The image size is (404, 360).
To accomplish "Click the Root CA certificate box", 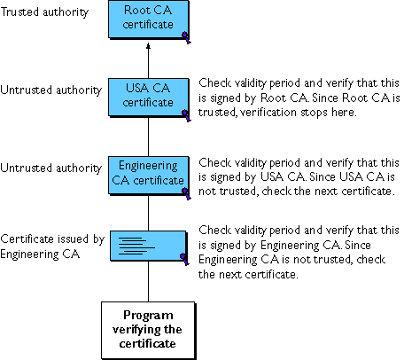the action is click(x=149, y=20).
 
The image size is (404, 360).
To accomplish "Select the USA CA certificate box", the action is click(x=149, y=98).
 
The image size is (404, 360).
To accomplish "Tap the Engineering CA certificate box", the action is click(x=149, y=176).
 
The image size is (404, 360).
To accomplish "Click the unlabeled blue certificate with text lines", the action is click(x=149, y=246).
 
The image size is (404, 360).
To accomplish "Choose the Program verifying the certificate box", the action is click(x=148, y=330).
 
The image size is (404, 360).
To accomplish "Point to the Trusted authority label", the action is click(x=44, y=12).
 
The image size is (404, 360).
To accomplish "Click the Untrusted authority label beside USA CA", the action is click(x=50, y=90).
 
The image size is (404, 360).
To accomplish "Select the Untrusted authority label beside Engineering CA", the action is click(x=50, y=168).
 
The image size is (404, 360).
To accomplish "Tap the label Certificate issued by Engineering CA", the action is click(x=52, y=247).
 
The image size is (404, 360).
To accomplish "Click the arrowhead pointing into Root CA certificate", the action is click(x=148, y=46).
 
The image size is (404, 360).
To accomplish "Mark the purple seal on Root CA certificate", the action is click(x=186, y=37).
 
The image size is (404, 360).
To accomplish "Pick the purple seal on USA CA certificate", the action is click(x=186, y=115).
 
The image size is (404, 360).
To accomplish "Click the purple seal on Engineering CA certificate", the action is click(x=186, y=193).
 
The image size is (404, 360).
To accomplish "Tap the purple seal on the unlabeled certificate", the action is click(x=184, y=259).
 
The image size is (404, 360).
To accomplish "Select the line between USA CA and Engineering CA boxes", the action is click(x=148, y=137).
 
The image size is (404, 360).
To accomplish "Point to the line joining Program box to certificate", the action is click(x=148, y=282).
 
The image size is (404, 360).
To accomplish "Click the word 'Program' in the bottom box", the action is click(x=148, y=316).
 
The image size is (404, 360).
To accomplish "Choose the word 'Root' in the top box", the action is click(x=136, y=10).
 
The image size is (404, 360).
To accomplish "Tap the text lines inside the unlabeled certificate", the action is click(x=136, y=246).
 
